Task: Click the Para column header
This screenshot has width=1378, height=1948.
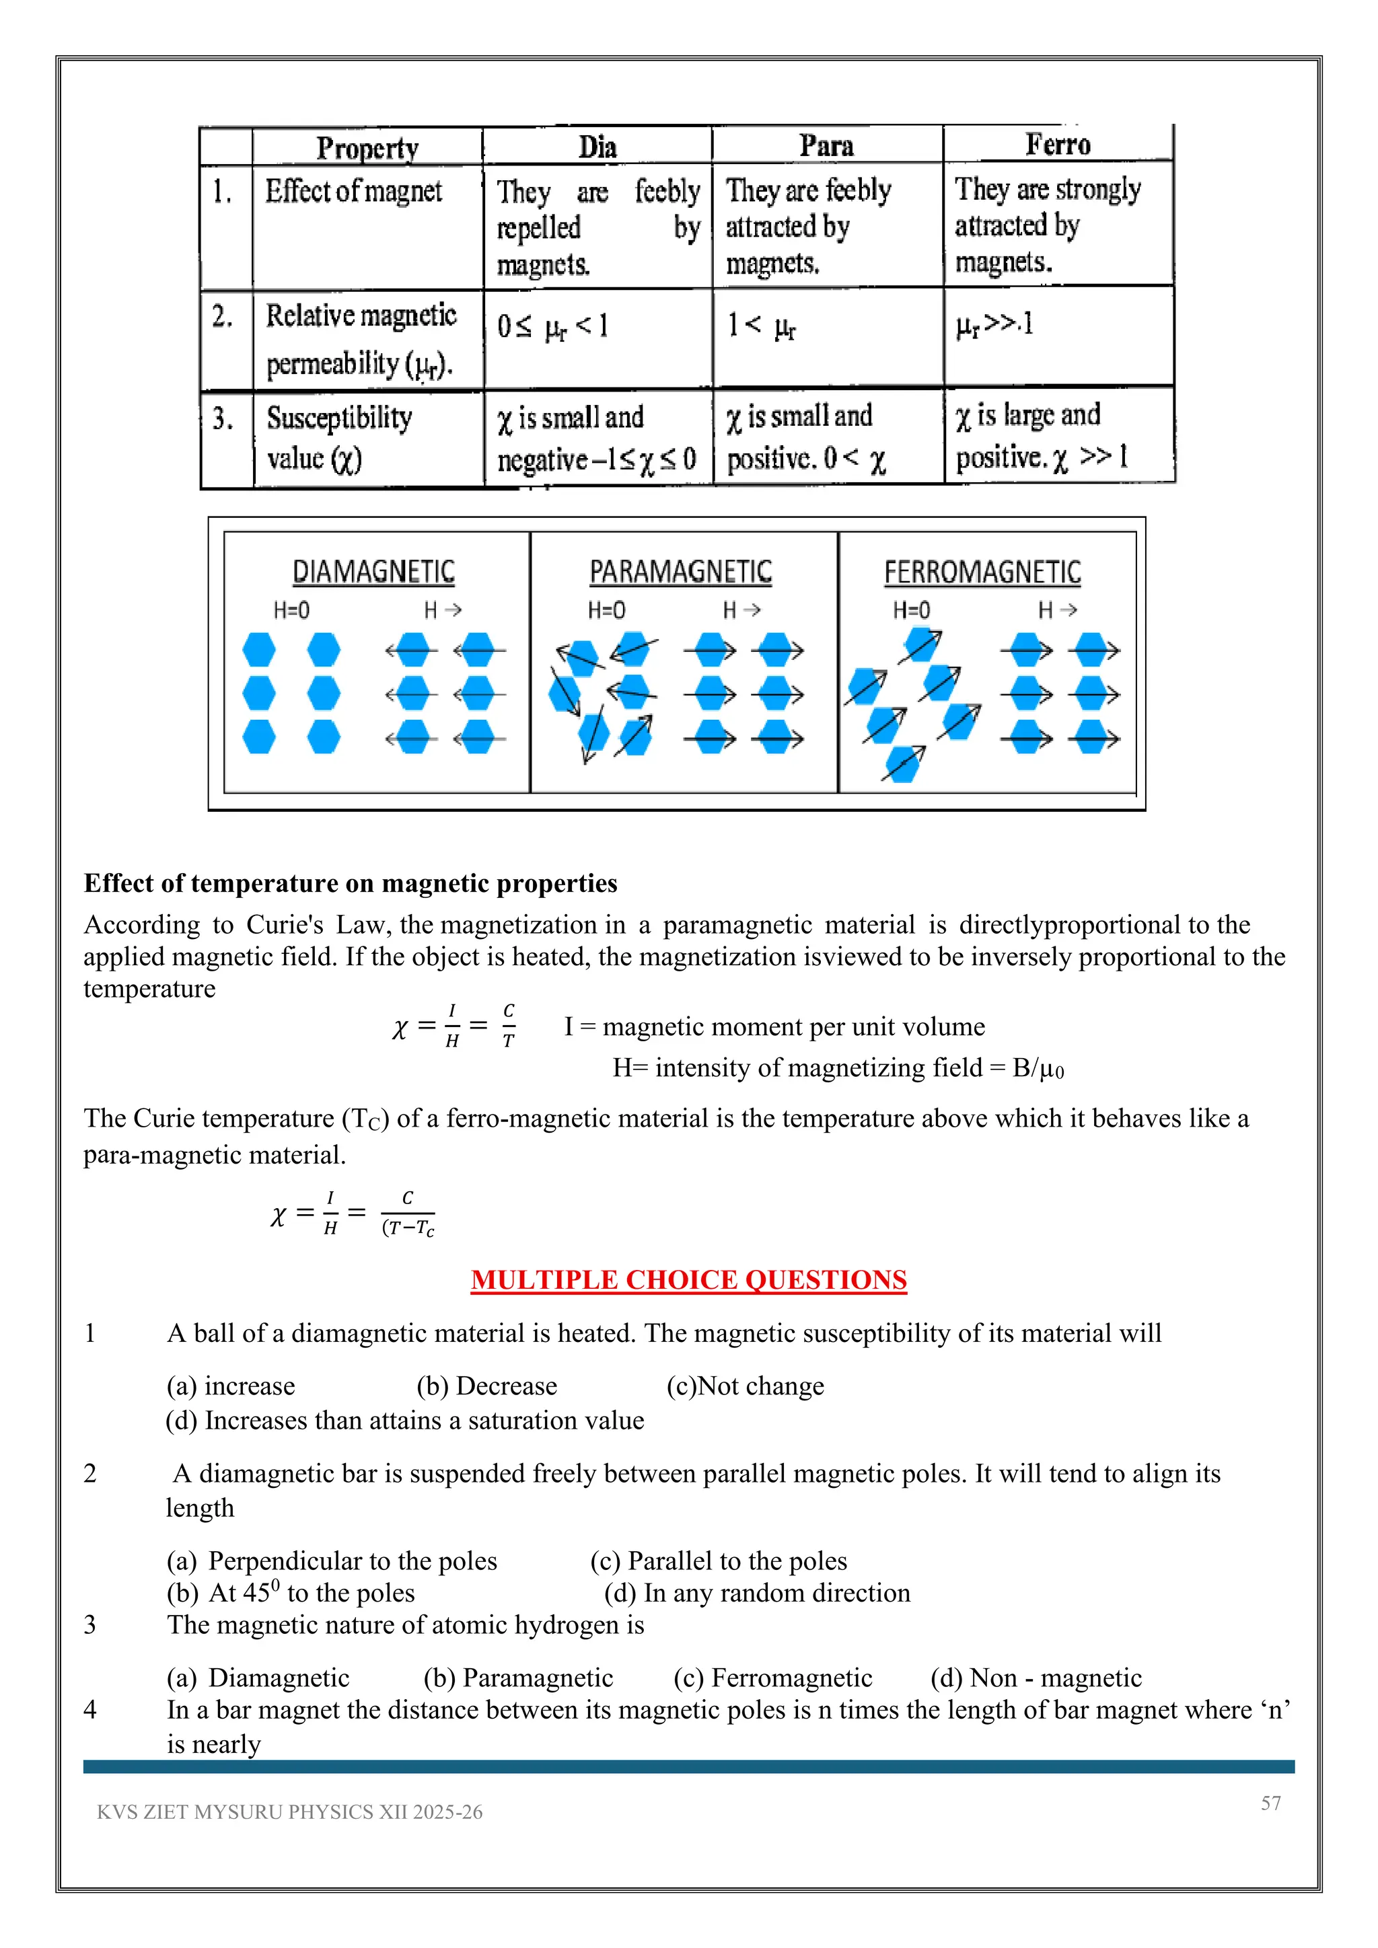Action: (x=826, y=146)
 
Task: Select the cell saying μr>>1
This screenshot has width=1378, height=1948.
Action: (x=994, y=325)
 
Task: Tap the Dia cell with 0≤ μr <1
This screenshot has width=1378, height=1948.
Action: (x=552, y=327)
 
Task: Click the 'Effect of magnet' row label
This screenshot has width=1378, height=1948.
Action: (x=353, y=192)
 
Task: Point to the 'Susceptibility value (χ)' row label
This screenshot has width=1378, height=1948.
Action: (x=338, y=438)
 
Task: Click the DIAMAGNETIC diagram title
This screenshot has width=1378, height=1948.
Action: (x=373, y=572)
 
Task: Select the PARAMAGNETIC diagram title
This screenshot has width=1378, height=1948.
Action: (x=680, y=572)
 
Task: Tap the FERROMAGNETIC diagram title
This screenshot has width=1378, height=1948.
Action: (x=982, y=572)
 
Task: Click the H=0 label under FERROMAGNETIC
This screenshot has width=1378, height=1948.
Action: (x=911, y=610)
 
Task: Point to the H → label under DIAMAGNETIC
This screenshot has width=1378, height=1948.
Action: (x=442, y=610)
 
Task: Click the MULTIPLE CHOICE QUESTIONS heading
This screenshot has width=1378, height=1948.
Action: (x=688, y=1280)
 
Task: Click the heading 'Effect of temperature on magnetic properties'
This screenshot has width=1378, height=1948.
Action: (x=351, y=883)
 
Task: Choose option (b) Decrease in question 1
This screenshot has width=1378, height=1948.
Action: (x=486, y=1386)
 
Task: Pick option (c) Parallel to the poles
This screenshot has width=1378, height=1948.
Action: (x=718, y=1561)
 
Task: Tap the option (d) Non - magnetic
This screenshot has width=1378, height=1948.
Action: (x=1036, y=1678)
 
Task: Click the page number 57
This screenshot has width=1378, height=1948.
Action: (x=1270, y=1804)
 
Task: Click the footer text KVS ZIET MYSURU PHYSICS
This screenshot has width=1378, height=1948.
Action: (x=289, y=1812)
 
